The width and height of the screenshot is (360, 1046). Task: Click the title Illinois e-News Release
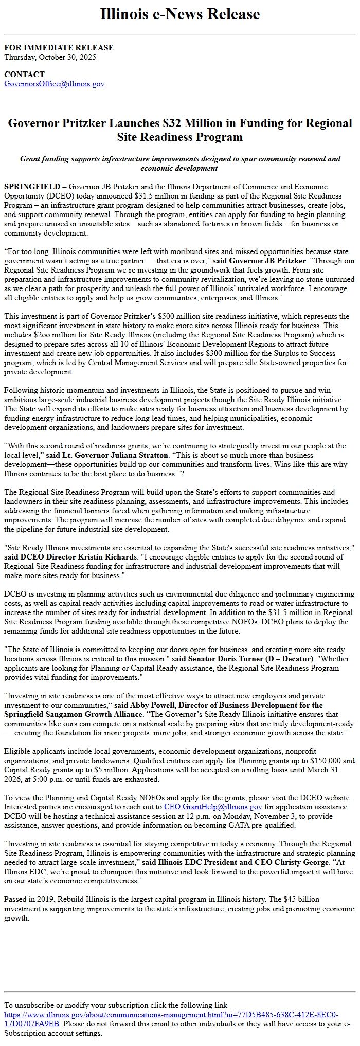(x=180, y=14)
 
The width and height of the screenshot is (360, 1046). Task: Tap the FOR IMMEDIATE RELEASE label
(x=59, y=48)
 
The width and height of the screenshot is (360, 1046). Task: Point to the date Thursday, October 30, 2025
(x=50, y=57)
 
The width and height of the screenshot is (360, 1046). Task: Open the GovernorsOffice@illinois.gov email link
(x=54, y=84)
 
